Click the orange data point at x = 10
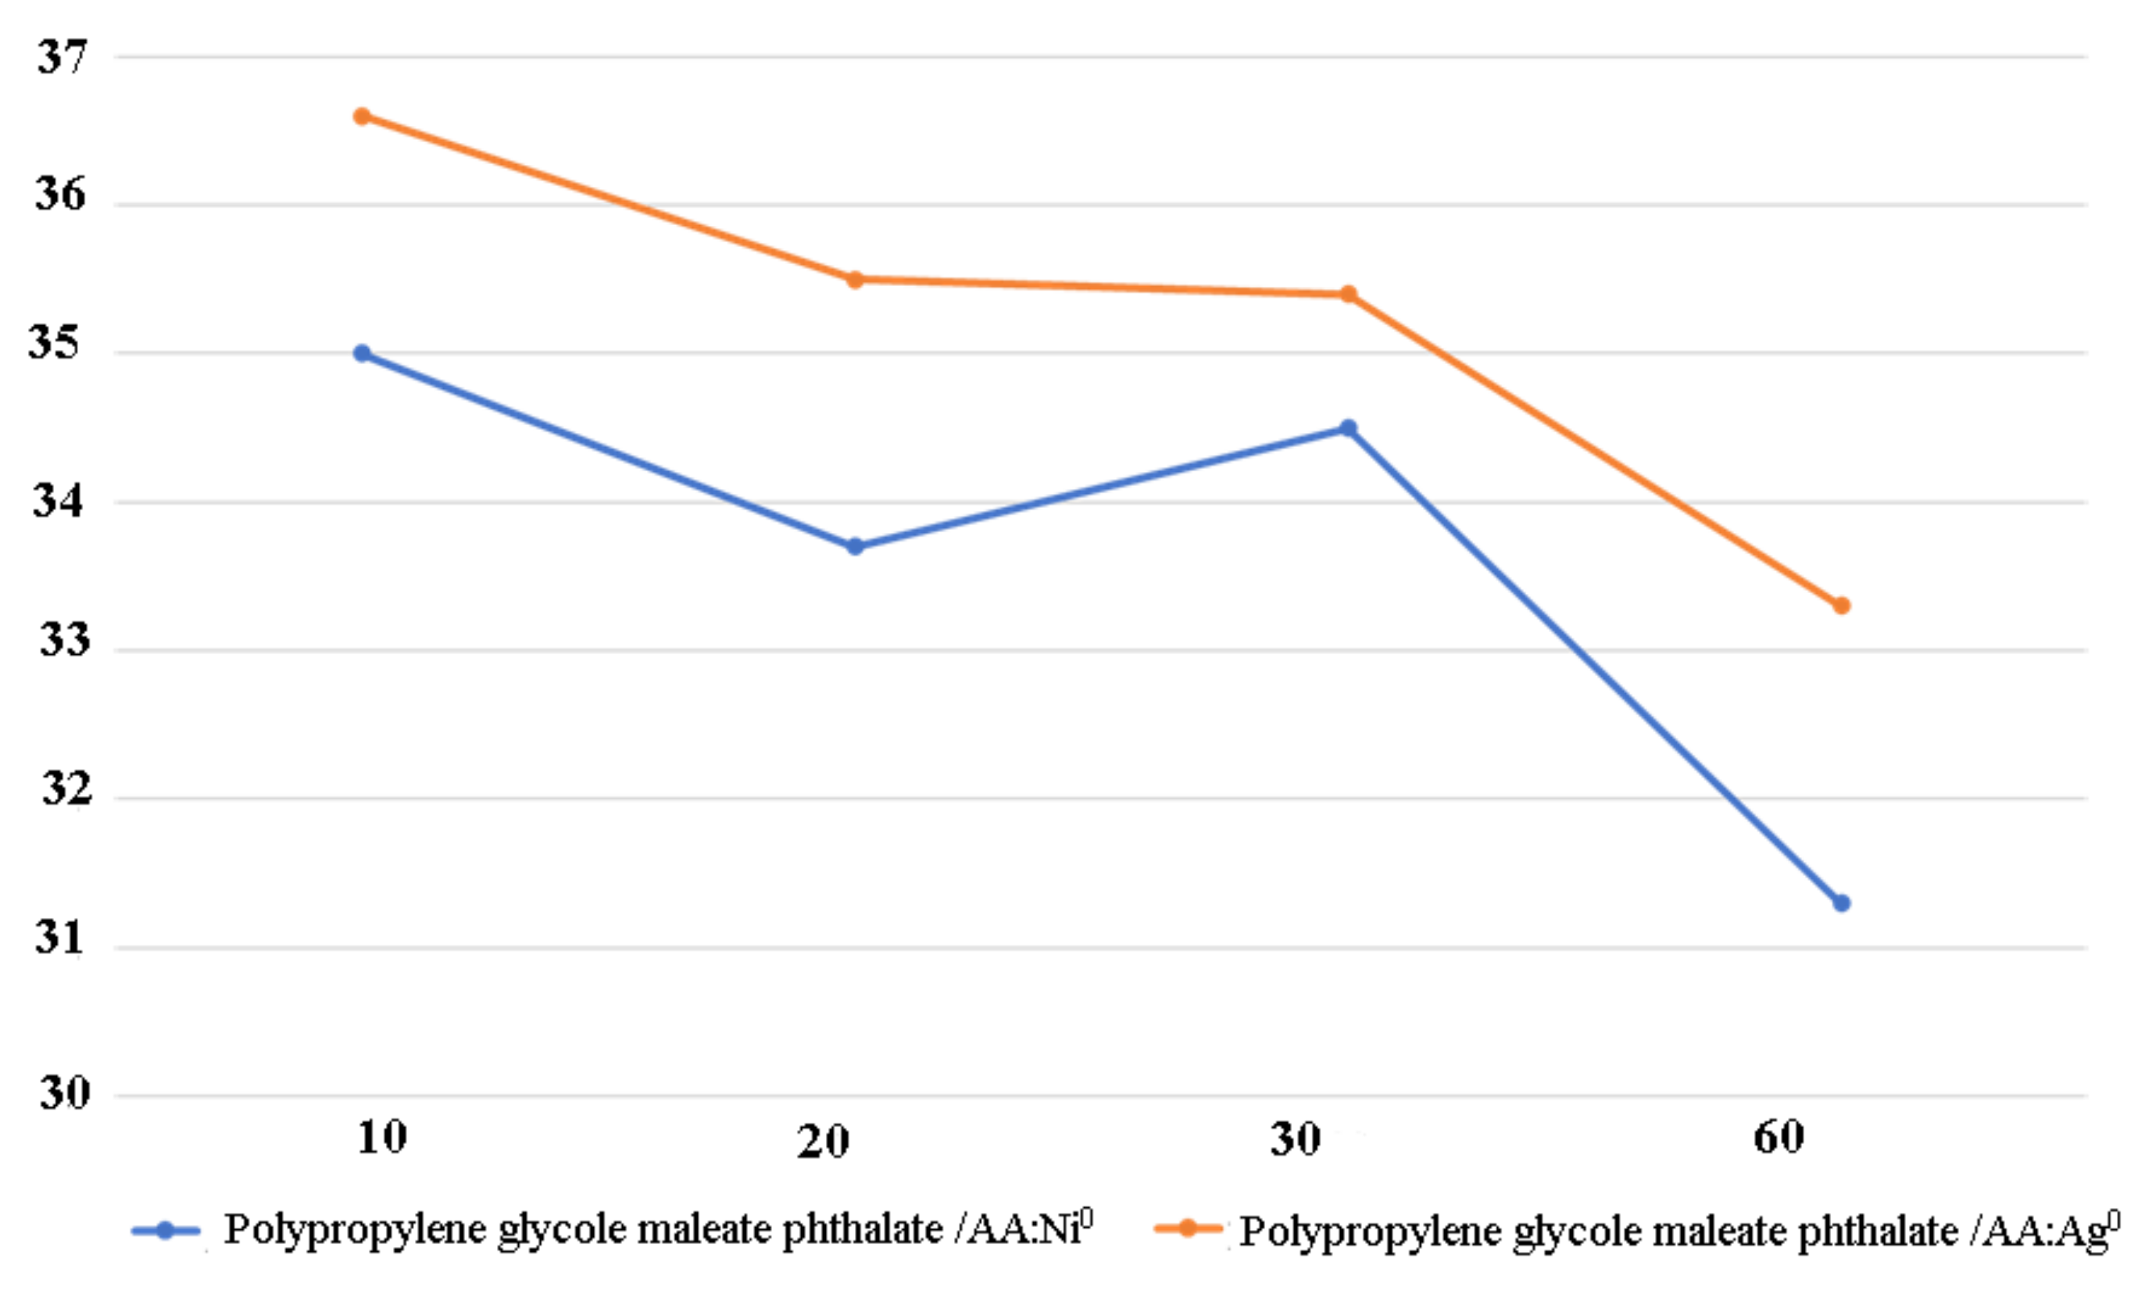[362, 116]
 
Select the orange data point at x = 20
[855, 280]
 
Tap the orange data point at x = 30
[1349, 295]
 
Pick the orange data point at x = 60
[1841, 605]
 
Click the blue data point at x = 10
[362, 353]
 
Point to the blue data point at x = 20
[855, 547]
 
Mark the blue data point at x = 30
[1349, 428]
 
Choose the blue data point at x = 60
[1841, 903]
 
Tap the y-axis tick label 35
[54, 342]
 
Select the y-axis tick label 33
[64, 641]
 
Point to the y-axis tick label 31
[59, 938]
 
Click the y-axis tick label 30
[64, 1092]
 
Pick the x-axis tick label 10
[381, 1137]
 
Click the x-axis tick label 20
[823, 1141]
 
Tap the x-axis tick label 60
[1779, 1137]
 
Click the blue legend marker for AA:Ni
[166, 1231]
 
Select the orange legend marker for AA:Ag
[1188, 1228]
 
